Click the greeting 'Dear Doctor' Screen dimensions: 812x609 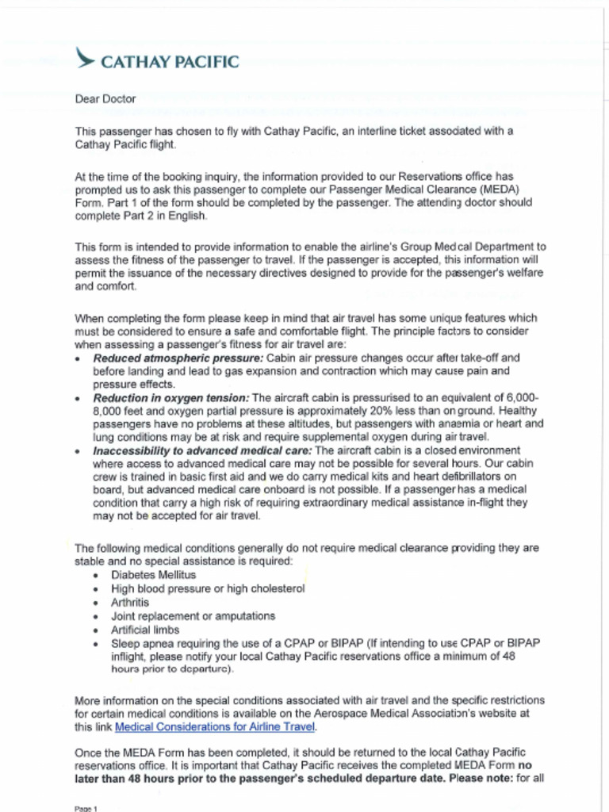pyautogui.click(x=105, y=99)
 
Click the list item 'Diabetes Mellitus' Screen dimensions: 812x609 pyautogui.click(x=153, y=574)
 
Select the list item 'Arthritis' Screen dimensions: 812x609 pyautogui.click(x=130, y=602)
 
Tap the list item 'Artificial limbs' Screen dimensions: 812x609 pyautogui.click(x=145, y=630)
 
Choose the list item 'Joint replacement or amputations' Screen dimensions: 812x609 pyautogui.click(x=193, y=615)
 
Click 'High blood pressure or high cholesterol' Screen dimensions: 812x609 pyautogui.click(x=208, y=588)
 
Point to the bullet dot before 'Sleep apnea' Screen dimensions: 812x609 pyautogui.click(x=96, y=644)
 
